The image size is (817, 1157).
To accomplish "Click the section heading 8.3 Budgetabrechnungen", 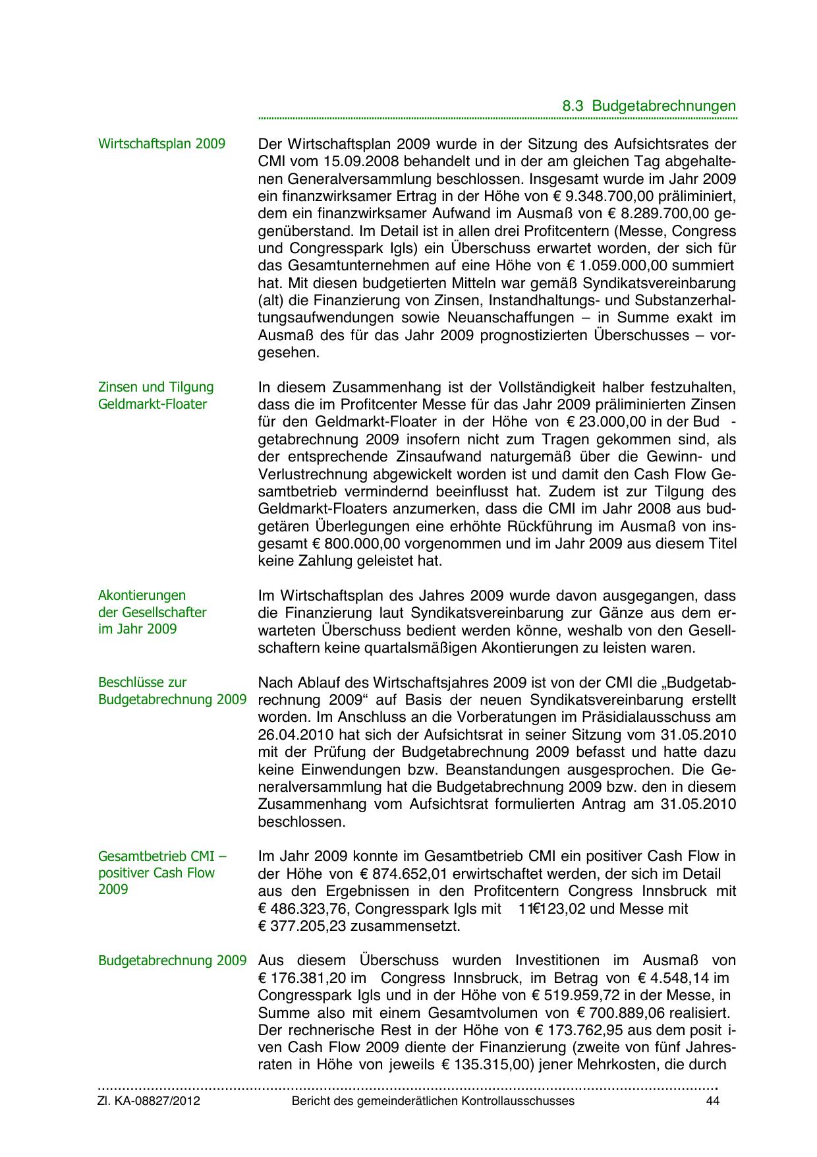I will click(x=649, y=105).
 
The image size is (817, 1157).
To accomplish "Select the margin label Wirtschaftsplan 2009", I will click(x=161, y=144).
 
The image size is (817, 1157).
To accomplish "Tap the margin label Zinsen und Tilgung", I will click(x=156, y=387).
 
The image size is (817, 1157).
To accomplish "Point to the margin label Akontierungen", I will click(x=142, y=595).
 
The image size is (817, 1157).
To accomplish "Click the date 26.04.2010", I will click(x=290, y=734).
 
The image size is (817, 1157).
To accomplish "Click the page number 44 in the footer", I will click(x=712, y=1101).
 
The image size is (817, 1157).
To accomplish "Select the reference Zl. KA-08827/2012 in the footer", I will click(x=149, y=1101).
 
